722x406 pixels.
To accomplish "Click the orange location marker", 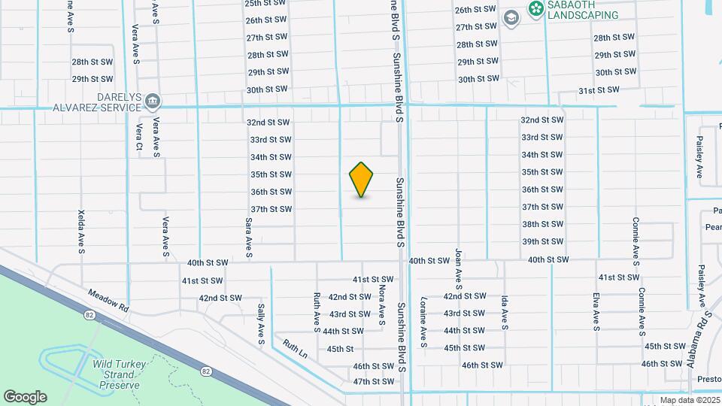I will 362,180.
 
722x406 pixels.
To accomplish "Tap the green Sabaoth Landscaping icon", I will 535,8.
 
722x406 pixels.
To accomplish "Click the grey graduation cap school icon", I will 511,18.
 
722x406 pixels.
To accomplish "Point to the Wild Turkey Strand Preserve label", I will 117,374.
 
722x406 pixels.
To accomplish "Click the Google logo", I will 25,396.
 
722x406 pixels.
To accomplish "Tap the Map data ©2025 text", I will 688,400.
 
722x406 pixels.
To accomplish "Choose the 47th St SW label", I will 374,381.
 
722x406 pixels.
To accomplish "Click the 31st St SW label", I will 599,89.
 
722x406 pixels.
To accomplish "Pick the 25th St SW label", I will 266,4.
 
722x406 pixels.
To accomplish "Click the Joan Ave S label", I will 457,268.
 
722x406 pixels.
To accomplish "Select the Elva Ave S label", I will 596,311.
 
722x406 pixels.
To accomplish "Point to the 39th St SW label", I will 542,241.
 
